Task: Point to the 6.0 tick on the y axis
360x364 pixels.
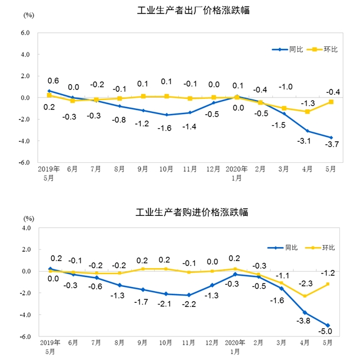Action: tap(25, 33)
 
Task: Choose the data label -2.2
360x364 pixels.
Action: tap(189, 305)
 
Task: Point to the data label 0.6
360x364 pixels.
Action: tap(53, 81)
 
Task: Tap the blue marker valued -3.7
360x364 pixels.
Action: tap(331, 138)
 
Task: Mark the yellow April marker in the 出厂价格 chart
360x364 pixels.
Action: tap(307, 111)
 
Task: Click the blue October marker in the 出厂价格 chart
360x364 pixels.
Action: tap(166, 115)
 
